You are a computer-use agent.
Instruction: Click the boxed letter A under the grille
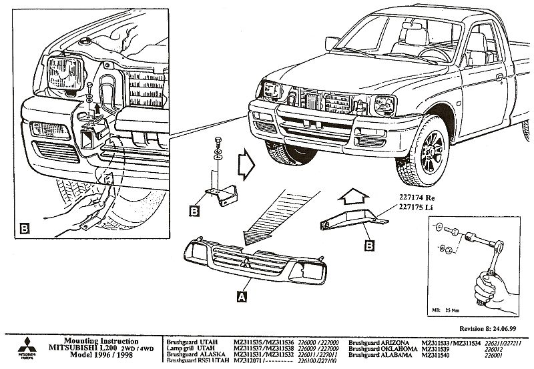point(241,294)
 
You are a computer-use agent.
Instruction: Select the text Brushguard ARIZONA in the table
point(377,341)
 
